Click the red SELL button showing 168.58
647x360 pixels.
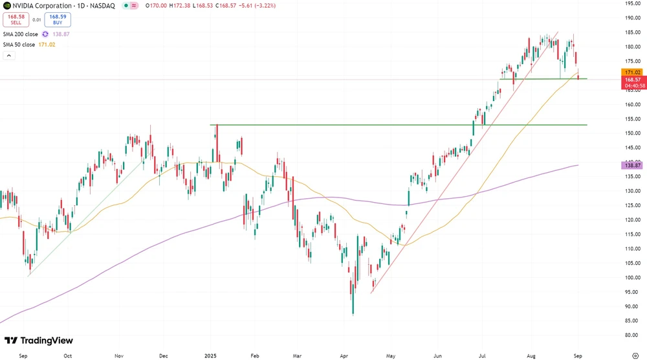[x=16, y=19]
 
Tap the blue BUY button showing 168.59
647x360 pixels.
[x=58, y=19]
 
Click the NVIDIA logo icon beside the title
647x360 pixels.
[x=6, y=5]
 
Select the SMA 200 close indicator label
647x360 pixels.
[x=21, y=34]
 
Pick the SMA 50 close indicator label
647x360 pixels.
[x=19, y=44]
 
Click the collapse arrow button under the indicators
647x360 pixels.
[x=9, y=56]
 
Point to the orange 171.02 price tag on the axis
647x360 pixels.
[x=631, y=72]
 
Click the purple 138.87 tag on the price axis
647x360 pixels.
[x=631, y=166]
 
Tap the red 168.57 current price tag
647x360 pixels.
[x=631, y=80]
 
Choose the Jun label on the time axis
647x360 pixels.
[x=437, y=355]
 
